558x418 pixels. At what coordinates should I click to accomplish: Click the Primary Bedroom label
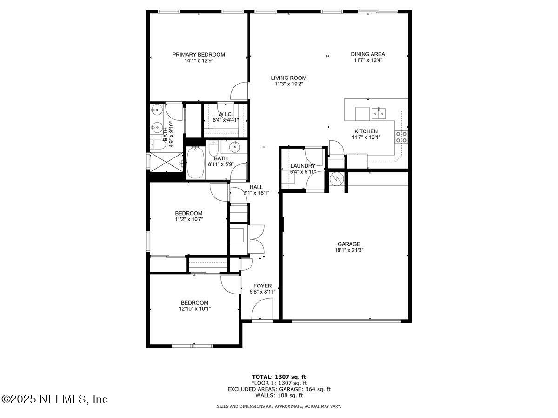coord(199,54)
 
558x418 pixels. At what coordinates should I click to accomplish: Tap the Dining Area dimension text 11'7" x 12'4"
coord(367,60)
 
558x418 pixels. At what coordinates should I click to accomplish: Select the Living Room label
coord(289,78)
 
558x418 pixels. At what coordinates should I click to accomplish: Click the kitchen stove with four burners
coord(401,137)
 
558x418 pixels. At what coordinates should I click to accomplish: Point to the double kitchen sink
coord(380,113)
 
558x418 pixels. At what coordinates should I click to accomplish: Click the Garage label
coord(349,244)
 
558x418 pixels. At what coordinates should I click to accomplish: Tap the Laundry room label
coord(303,166)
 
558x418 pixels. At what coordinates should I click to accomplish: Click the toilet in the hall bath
coord(213,149)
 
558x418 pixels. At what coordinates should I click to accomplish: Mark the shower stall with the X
coord(166,162)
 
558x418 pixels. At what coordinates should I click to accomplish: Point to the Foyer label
coord(262,286)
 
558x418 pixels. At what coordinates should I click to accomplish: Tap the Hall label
coord(256,187)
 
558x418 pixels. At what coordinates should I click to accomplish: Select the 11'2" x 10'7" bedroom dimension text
coord(189,219)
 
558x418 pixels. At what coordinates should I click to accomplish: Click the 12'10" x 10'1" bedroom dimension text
coord(195,308)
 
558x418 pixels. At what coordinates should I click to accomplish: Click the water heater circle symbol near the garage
coord(336,178)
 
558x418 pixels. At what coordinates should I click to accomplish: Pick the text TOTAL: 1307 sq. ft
coord(279,377)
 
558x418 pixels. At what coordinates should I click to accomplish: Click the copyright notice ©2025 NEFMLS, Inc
coord(55,399)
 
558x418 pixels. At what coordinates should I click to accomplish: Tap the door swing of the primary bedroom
coord(240,91)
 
